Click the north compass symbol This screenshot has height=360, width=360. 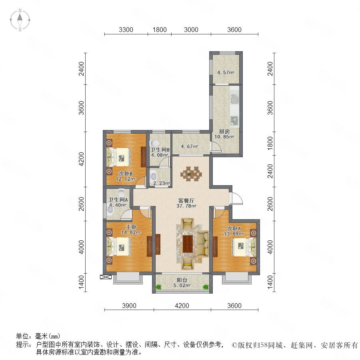pos(20,20)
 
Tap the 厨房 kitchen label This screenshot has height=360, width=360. pos(224,132)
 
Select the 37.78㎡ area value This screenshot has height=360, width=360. pos(186,206)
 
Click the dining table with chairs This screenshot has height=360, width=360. pos(191,174)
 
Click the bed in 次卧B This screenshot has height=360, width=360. pos(118,157)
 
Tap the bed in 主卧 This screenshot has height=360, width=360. pos(118,247)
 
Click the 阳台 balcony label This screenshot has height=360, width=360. pos(182,280)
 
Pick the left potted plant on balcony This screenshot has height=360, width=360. pos(158,287)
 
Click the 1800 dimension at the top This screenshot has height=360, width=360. pos(160,30)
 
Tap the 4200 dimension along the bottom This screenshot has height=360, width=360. pos(182,306)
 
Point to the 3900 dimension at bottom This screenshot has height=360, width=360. pos(129,306)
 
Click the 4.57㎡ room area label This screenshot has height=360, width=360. pos(226,72)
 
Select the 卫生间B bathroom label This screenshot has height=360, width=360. pos(160,150)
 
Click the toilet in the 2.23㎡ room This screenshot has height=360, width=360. pos(153,176)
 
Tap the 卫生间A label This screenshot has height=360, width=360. pos(118,200)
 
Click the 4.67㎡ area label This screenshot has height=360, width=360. pos(189,146)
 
